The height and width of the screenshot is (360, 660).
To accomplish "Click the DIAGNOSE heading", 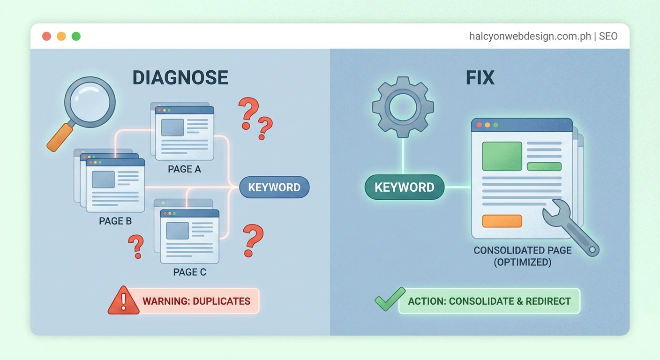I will (x=180, y=77).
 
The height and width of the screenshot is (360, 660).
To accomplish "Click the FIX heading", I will (x=480, y=77).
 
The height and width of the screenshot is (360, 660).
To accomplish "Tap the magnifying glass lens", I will (x=90, y=101).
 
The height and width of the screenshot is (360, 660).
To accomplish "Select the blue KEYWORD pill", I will (x=274, y=187).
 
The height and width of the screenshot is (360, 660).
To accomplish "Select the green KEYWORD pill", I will (x=404, y=187).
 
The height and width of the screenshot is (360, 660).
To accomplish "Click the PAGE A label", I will (x=184, y=169).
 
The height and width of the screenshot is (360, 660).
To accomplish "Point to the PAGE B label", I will (x=115, y=221).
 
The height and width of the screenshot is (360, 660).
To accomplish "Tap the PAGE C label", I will (x=189, y=272).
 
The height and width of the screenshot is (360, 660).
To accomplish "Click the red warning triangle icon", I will (x=123, y=301).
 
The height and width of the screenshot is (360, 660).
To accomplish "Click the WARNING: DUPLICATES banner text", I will (x=196, y=301).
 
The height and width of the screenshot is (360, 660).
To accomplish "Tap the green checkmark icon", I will (x=389, y=299).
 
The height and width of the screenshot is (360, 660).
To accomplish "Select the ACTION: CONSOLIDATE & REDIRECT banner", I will (x=489, y=301).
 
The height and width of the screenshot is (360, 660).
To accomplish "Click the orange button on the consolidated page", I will (x=502, y=221).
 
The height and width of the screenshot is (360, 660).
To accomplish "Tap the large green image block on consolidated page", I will (x=502, y=156).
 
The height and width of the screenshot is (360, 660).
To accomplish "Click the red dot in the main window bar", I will (x=46, y=36).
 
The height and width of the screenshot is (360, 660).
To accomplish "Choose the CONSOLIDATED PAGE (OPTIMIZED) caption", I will (x=523, y=256).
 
